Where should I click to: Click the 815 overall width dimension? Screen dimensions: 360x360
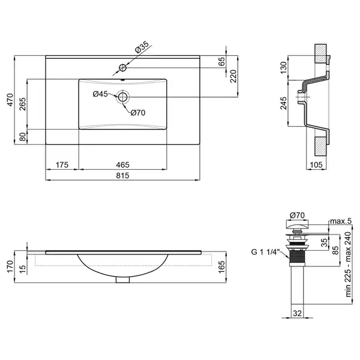tap(122, 176)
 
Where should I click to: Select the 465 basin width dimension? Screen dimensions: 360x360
tap(122, 165)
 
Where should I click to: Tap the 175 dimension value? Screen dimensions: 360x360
tap(62, 165)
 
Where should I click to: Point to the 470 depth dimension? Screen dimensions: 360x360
tap(10, 100)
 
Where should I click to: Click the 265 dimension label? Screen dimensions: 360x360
tap(23, 104)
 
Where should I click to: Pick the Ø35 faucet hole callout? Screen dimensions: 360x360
tap(142, 47)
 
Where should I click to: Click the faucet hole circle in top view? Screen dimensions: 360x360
tap(122, 68)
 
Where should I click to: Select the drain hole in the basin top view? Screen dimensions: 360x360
tap(123, 97)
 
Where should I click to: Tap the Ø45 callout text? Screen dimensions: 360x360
tap(100, 94)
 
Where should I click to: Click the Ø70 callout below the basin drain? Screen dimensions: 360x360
tap(138, 113)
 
